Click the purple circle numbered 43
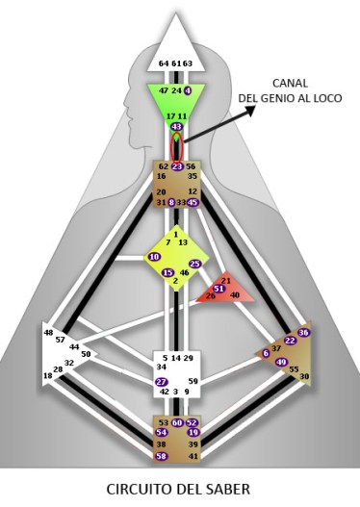(176, 127)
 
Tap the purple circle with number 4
(189, 89)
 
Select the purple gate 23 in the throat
(176, 166)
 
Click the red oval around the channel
(176, 146)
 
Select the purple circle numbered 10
(154, 257)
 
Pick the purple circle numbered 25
(194, 264)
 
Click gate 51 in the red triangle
(219, 288)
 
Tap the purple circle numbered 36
(304, 332)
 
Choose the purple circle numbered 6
(266, 353)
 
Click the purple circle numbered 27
(162, 382)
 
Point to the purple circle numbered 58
(161, 456)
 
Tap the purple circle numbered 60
(177, 422)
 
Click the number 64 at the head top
(164, 63)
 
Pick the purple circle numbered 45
(193, 202)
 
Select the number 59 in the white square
(193, 382)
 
